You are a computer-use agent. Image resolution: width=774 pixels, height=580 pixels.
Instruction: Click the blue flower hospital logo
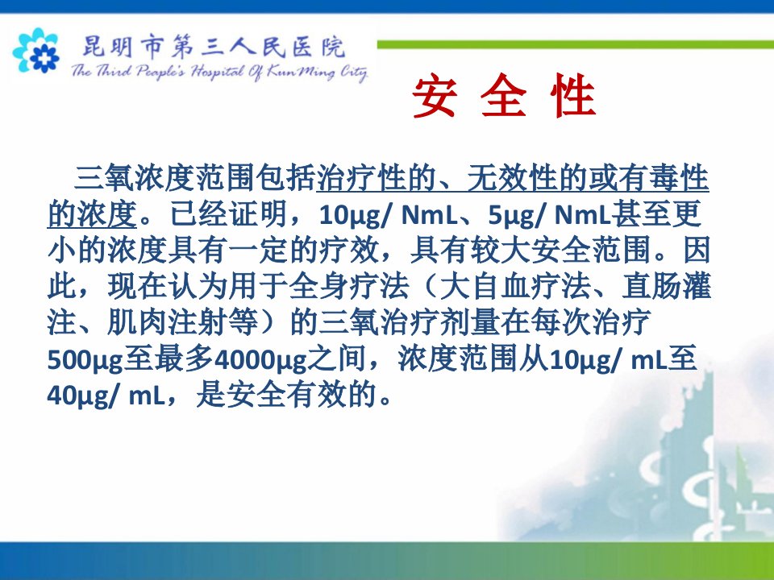(x=36, y=50)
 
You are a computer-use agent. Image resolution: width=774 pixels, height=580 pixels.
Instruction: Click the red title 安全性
(x=504, y=96)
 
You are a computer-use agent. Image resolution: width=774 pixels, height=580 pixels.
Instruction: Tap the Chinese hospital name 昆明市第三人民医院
(x=213, y=48)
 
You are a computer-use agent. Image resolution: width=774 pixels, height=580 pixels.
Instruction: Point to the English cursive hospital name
(x=219, y=72)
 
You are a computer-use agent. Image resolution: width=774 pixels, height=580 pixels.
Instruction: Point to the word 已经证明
(x=228, y=214)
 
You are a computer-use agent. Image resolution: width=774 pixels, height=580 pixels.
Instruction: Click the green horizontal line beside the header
(x=576, y=45)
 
